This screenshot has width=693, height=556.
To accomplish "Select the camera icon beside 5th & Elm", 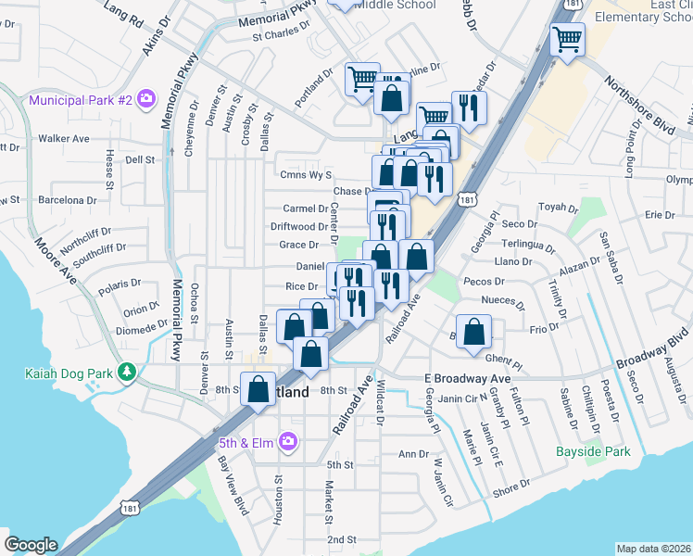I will coord(288,442).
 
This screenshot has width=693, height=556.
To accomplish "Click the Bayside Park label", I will coord(593,452).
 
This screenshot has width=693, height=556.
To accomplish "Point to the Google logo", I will coord(31,544).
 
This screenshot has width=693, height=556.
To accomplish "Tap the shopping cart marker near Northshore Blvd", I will coord(567,41).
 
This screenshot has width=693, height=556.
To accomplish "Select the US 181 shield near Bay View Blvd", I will coord(131,508).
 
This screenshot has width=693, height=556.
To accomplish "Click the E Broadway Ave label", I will coord(468,379).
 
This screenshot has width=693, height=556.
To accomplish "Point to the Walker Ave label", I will coord(63,139).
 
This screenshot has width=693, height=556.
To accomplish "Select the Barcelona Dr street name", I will coord(67,199).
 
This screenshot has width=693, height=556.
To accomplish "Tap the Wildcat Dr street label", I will coord(380,405).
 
